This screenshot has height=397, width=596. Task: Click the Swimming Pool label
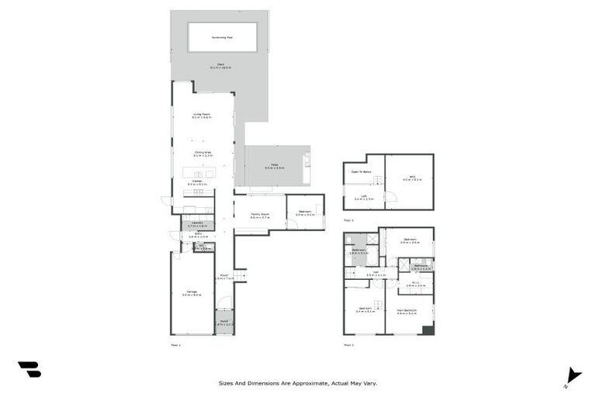coord(222,36)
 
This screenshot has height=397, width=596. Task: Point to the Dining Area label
coord(203,153)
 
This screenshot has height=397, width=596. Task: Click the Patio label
coord(275,164)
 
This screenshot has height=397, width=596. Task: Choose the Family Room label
coord(259,214)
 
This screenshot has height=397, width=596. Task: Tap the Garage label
coord(192,292)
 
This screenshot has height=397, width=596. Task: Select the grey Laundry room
coord(197,225)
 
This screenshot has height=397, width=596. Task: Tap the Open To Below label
coord(362,171)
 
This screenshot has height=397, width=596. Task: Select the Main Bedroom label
coord(407,310)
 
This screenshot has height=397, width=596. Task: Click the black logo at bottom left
coord(29,370)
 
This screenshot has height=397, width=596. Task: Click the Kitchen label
coord(197,183)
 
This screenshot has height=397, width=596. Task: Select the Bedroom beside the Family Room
coord(304,212)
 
